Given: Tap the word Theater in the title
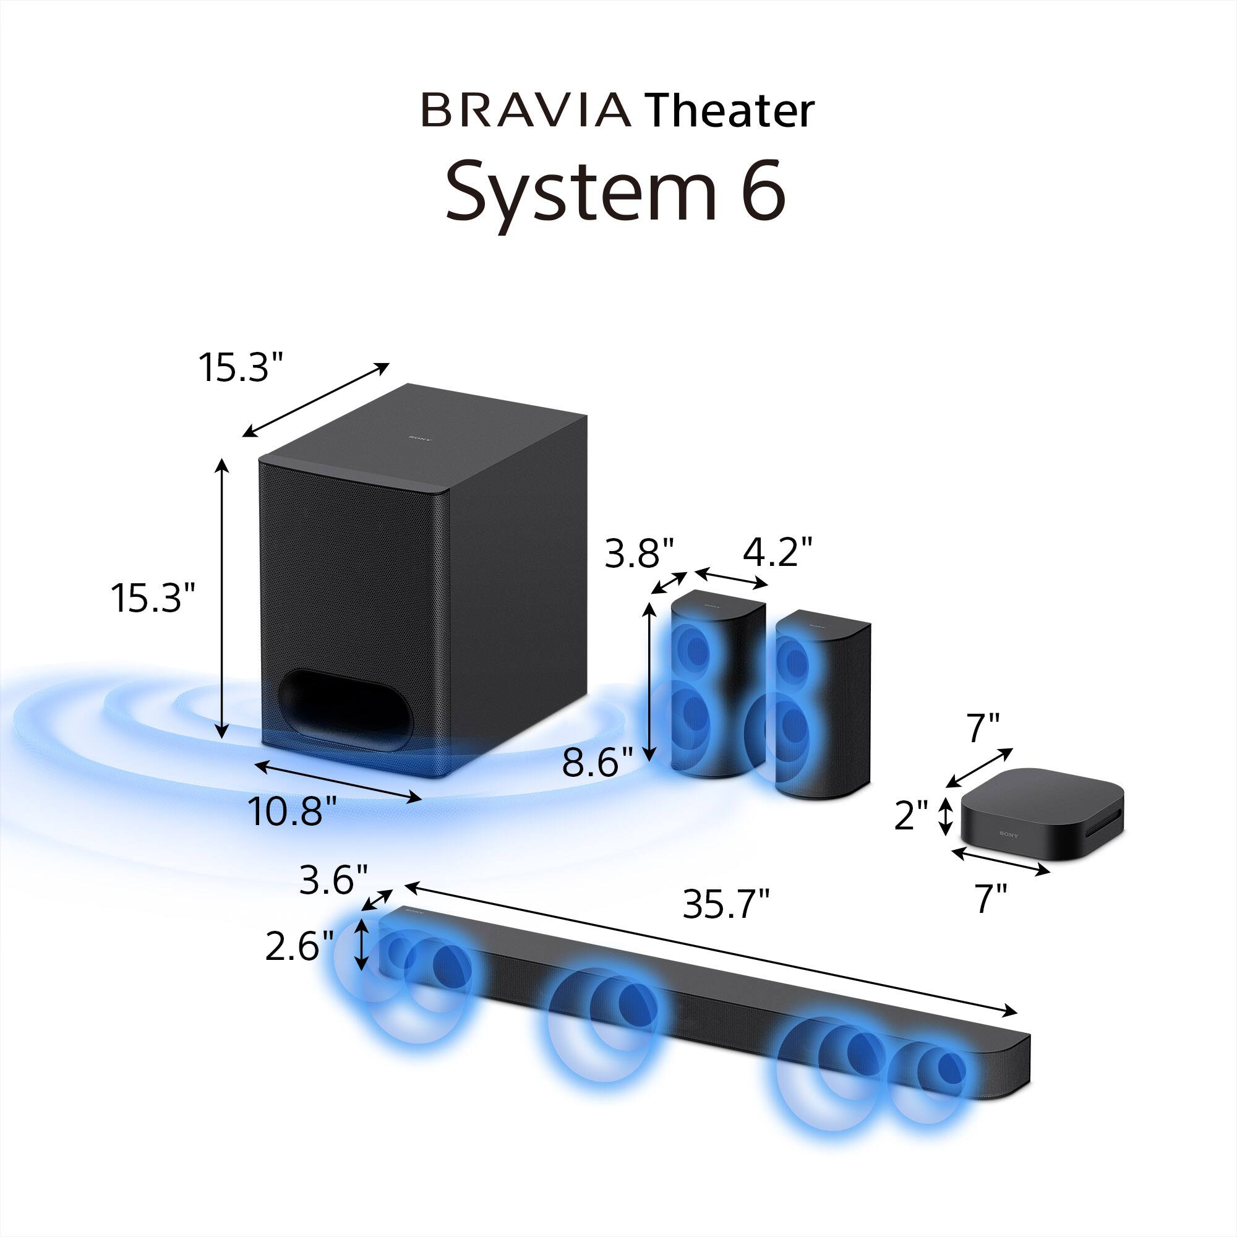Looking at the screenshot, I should pos(729,110).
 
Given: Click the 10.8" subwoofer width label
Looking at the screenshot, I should pos(292,811).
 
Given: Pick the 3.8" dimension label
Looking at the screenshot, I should pos(640,553).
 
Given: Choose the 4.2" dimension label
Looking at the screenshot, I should pos(777,552).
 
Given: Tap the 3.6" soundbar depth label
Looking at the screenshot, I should pos(333,880).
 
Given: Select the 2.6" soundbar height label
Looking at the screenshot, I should pos(299,947).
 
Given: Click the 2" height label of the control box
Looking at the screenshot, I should pos(911,816).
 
